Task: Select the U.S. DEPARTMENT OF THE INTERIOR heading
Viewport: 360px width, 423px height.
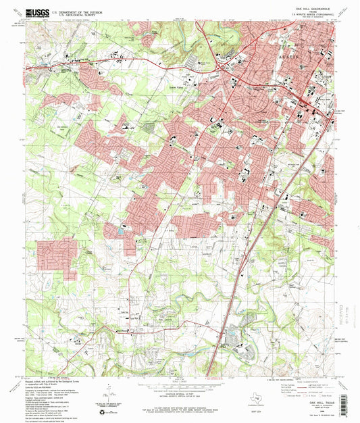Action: pyautogui.click(x=72, y=10)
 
